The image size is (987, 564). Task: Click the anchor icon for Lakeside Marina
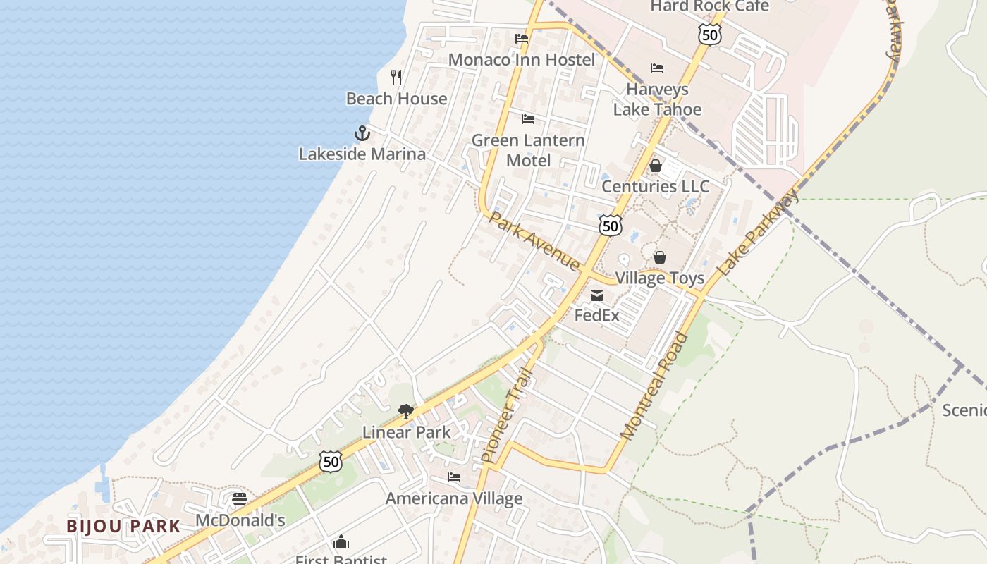[x=362, y=133]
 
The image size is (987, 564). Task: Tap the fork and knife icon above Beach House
[x=396, y=78]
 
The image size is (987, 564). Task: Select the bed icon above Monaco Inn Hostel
[x=522, y=39]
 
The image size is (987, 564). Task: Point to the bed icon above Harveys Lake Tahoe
[x=657, y=68]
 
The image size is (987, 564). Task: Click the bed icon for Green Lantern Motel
[x=528, y=119]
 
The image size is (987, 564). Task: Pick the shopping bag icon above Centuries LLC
[x=656, y=166]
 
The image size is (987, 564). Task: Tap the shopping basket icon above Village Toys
[x=660, y=257]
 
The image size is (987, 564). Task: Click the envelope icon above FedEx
[x=597, y=295]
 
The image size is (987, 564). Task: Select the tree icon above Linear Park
[x=405, y=412]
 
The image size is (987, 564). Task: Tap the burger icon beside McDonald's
[x=240, y=499]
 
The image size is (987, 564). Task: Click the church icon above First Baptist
[x=341, y=541]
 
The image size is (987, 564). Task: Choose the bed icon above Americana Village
[x=454, y=477]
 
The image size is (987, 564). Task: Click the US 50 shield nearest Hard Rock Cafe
[x=710, y=34]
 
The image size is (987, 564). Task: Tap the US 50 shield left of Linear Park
[x=330, y=462]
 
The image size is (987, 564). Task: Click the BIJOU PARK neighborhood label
[x=123, y=526]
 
